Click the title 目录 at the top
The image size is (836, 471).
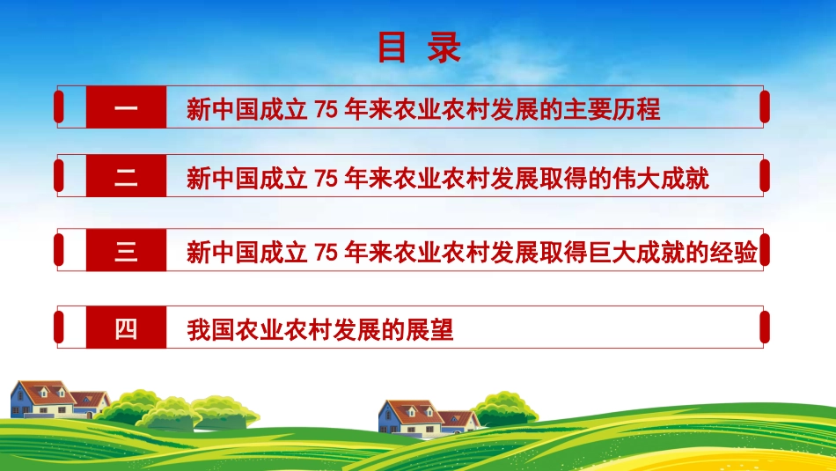[x=419, y=48]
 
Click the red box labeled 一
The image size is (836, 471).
[x=126, y=109]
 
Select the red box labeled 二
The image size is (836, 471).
[x=126, y=179]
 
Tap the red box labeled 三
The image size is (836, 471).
[x=126, y=253]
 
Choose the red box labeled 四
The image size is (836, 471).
[x=126, y=330]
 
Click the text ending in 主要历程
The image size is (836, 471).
[x=423, y=110]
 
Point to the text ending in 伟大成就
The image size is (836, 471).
[x=448, y=180]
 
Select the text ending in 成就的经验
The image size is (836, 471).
[x=473, y=254]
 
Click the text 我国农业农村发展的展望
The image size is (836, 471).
[x=320, y=331]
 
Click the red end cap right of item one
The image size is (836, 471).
[x=764, y=107]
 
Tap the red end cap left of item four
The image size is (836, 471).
[x=58, y=327]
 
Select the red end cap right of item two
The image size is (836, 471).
[x=764, y=176]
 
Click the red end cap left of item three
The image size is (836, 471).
[x=58, y=250]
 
